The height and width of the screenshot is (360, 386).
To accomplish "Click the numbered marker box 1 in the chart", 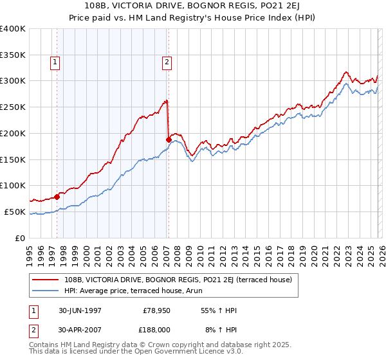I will point(55,62).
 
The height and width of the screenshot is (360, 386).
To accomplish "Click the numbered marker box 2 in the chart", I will point(167,62).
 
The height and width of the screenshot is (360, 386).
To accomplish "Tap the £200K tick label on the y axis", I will point(13,133).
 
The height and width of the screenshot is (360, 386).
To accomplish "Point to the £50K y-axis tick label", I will point(15,212).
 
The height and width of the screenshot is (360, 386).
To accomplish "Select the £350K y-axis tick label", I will point(13,55).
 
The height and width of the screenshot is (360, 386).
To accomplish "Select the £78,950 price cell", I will point(157,310).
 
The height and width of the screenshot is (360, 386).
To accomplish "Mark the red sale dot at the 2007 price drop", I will point(169,139).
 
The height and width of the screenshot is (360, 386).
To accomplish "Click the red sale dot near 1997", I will point(57,196).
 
